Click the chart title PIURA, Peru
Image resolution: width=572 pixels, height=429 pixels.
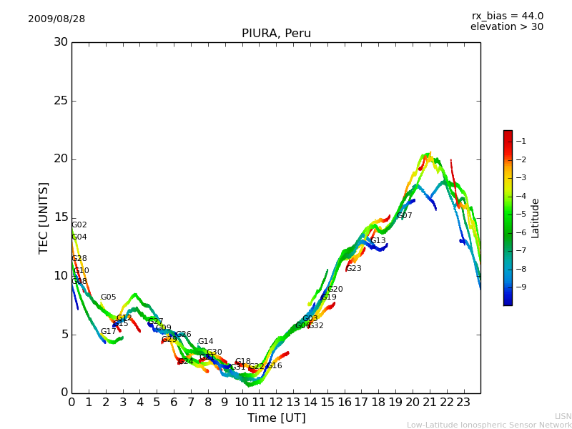[x=276, y=34]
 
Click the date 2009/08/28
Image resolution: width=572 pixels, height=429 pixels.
[x=56, y=19]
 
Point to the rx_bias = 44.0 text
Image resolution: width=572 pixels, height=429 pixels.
[x=507, y=16]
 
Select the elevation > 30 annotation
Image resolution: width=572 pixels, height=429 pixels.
[x=506, y=27]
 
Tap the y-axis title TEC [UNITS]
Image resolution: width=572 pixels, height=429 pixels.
[x=44, y=217]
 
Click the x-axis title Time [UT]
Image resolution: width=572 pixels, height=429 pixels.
[x=276, y=418]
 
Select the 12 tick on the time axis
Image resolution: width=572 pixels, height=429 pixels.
[x=276, y=402]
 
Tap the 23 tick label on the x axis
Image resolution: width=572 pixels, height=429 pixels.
[x=463, y=402]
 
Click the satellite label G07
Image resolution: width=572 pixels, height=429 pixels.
[x=405, y=216]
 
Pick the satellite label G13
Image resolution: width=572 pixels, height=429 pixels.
[x=378, y=241]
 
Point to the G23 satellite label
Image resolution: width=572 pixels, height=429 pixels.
[x=354, y=269]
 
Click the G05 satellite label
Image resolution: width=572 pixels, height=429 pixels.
[x=108, y=297]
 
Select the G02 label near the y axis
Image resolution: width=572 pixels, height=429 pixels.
[x=79, y=225]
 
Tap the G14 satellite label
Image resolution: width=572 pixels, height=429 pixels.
[x=206, y=342]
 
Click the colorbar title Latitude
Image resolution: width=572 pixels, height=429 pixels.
[x=536, y=218]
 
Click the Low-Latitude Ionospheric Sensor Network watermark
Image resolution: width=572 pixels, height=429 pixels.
[x=489, y=425]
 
